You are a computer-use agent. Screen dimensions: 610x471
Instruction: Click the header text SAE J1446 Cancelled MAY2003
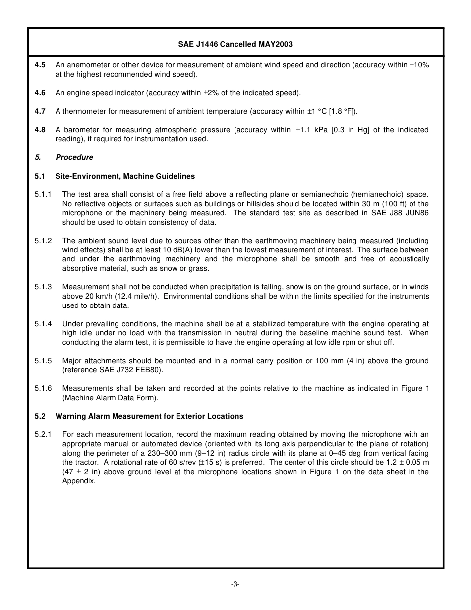click(235, 44)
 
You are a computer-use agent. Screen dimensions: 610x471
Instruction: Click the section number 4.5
click(40, 65)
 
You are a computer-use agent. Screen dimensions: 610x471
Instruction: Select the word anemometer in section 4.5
click(83, 65)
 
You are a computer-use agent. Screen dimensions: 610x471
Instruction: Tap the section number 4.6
click(40, 93)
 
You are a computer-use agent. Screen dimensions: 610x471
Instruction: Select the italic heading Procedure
click(74, 157)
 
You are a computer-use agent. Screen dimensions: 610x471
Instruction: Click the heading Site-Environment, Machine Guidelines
click(125, 176)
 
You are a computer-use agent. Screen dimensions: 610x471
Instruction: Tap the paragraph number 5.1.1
click(43, 194)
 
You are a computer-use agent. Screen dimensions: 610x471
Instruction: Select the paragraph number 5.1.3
click(43, 287)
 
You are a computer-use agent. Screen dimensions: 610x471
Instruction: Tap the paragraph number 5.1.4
click(43, 324)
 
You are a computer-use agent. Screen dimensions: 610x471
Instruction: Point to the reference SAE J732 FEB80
click(125, 370)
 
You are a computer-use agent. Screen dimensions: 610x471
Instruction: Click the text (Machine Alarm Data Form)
click(110, 398)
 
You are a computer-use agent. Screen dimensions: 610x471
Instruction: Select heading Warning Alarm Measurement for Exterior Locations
click(149, 416)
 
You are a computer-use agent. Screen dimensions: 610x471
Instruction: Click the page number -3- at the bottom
click(235, 584)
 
